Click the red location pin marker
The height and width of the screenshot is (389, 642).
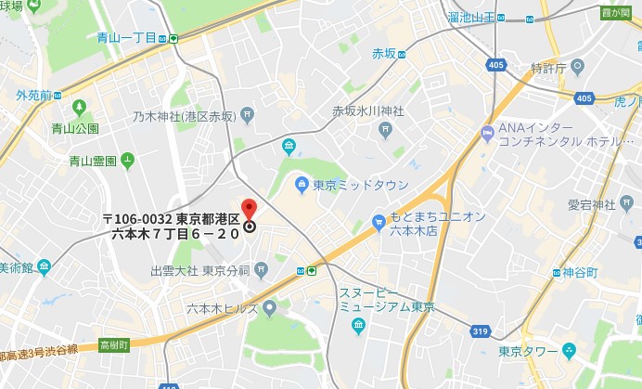[x=249, y=209]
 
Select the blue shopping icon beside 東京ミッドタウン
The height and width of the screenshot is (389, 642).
[x=301, y=184]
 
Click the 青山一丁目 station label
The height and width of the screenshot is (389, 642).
[x=125, y=38]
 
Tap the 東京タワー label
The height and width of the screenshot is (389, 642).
[x=528, y=351]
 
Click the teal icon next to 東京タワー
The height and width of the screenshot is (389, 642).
[x=570, y=351]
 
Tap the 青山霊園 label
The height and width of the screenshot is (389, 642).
[x=93, y=161]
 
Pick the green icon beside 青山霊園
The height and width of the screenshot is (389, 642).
[x=127, y=161]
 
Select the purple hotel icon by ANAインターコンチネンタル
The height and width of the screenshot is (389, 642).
[x=487, y=135]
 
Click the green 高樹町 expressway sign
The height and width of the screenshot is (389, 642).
[x=114, y=344]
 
